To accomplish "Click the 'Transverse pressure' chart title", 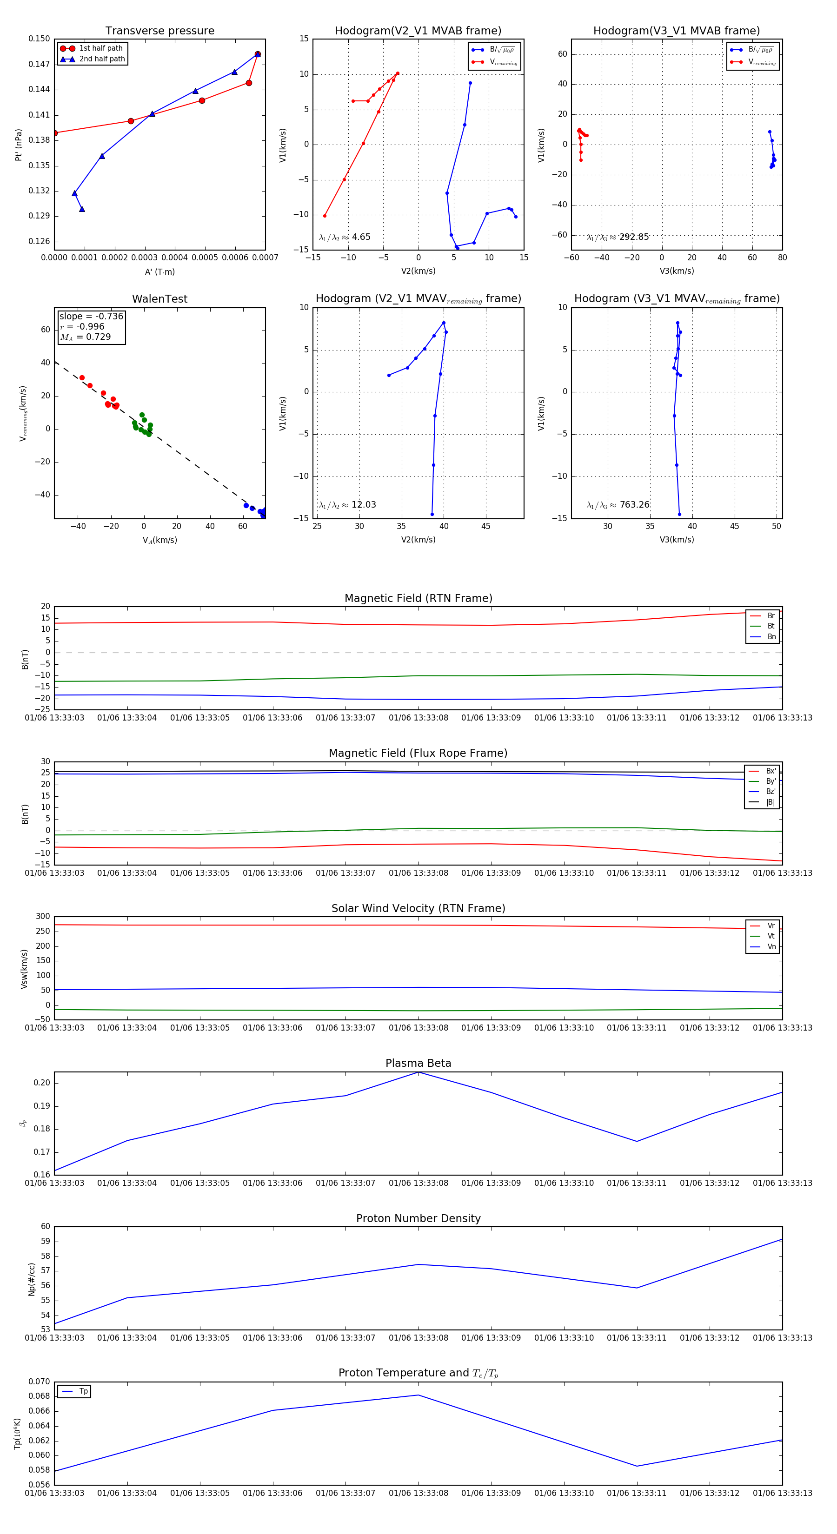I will pyautogui.click(x=159, y=31).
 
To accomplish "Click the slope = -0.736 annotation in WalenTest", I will pyautogui.click(x=91, y=316).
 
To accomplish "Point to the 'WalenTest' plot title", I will pyautogui.click(x=159, y=299).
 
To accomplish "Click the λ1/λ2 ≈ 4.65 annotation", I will pyautogui.click(x=345, y=237).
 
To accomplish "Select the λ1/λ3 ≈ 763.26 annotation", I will pyautogui.click(x=618, y=505).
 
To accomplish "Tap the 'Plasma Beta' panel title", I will pyautogui.click(x=418, y=1063).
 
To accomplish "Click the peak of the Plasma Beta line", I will pyautogui.click(x=418, y=1072).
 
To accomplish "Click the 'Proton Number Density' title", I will pyautogui.click(x=418, y=1218).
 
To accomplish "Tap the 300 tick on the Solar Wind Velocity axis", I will pyautogui.click(x=43, y=917).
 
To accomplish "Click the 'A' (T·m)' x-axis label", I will pyautogui.click(x=159, y=271).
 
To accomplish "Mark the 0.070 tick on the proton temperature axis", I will pyautogui.click(x=40, y=1382).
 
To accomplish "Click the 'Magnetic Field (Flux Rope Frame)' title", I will pyautogui.click(x=418, y=754).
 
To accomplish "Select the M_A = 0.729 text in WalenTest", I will pyautogui.click(x=85, y=337).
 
